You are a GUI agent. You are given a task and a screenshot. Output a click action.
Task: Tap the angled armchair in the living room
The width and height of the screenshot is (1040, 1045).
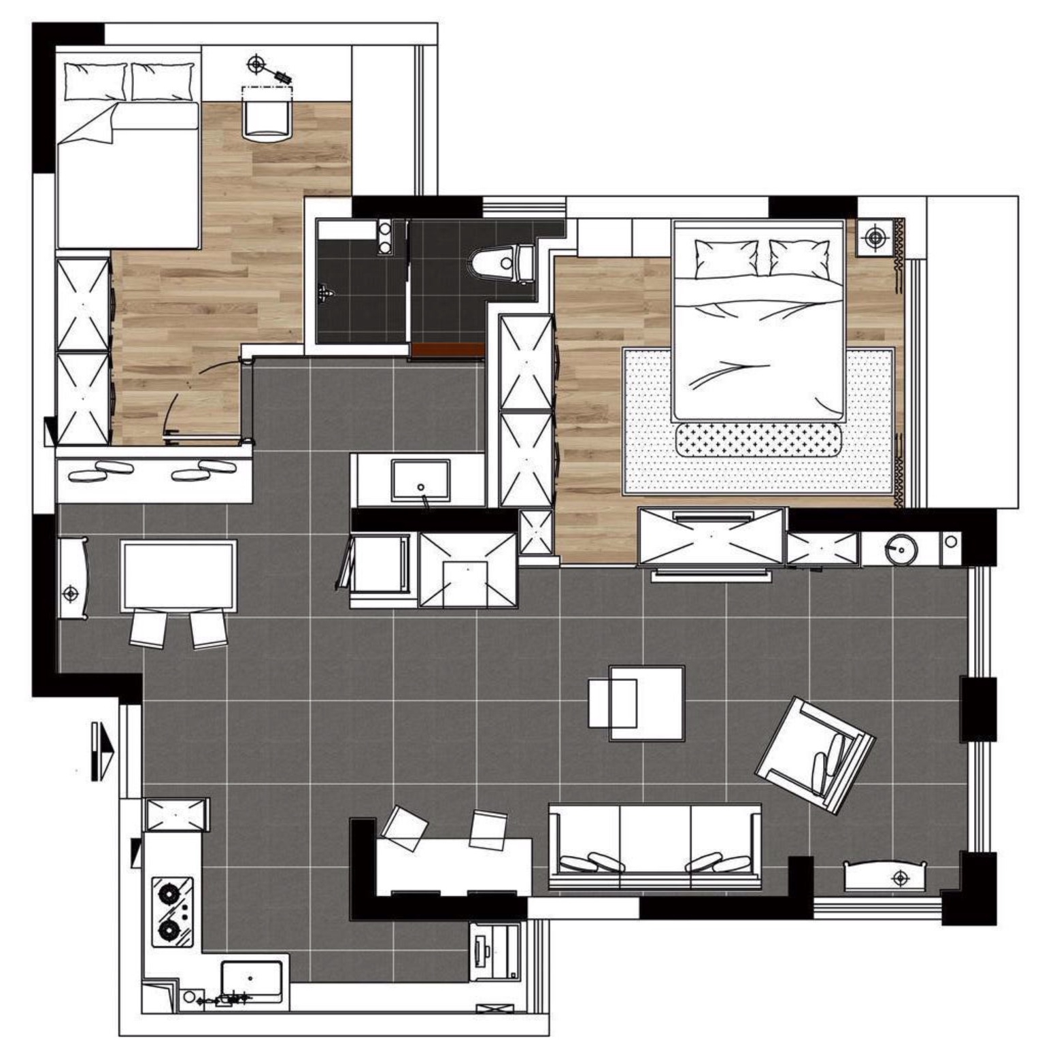pos(814,754)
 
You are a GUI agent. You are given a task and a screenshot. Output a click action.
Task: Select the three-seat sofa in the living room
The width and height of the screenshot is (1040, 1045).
pos(654,846)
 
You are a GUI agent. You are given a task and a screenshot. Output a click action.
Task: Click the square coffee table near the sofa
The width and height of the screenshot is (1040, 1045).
pos(646,703)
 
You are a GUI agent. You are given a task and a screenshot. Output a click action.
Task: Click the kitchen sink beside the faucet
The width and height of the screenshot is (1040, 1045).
pos(252,979)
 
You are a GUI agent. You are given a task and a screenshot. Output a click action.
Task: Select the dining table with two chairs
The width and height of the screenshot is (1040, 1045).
pos(179,576)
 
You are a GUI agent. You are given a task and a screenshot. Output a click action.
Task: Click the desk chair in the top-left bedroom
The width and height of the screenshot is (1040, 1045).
pos(268,120)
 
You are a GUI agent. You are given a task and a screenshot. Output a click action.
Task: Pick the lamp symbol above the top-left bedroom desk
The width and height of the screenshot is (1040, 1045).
pos(256,65)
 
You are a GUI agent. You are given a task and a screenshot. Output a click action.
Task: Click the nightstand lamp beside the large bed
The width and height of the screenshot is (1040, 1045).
pos(875,237)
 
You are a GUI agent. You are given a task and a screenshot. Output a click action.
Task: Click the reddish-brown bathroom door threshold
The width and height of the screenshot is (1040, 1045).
pos(447,350)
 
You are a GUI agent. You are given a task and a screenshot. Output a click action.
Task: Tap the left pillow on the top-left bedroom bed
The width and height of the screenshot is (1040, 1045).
pos(95,81)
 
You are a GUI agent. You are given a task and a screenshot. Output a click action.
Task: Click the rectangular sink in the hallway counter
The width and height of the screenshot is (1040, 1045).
pos(420,480)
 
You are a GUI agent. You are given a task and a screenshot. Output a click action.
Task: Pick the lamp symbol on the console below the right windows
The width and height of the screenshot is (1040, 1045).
pos(900,878)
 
